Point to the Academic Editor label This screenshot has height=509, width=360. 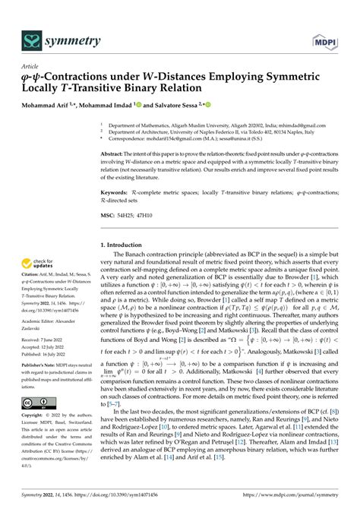(x=42, y=321)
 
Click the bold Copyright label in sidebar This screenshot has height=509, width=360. (x=35, y=417)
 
